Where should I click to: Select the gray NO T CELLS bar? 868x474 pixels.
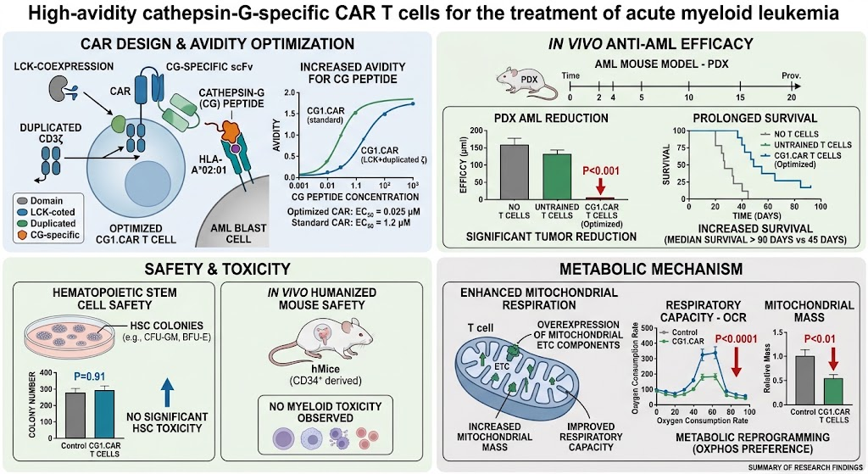515,171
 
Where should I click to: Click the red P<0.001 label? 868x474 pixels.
601,171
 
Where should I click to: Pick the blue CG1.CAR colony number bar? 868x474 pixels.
104,414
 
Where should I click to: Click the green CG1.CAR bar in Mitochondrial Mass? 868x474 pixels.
833,391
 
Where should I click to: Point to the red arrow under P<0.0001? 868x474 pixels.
737,364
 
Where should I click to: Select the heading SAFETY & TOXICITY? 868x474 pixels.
217,269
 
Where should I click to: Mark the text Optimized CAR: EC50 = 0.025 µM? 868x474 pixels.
353,212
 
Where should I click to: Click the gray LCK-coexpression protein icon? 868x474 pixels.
58,88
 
